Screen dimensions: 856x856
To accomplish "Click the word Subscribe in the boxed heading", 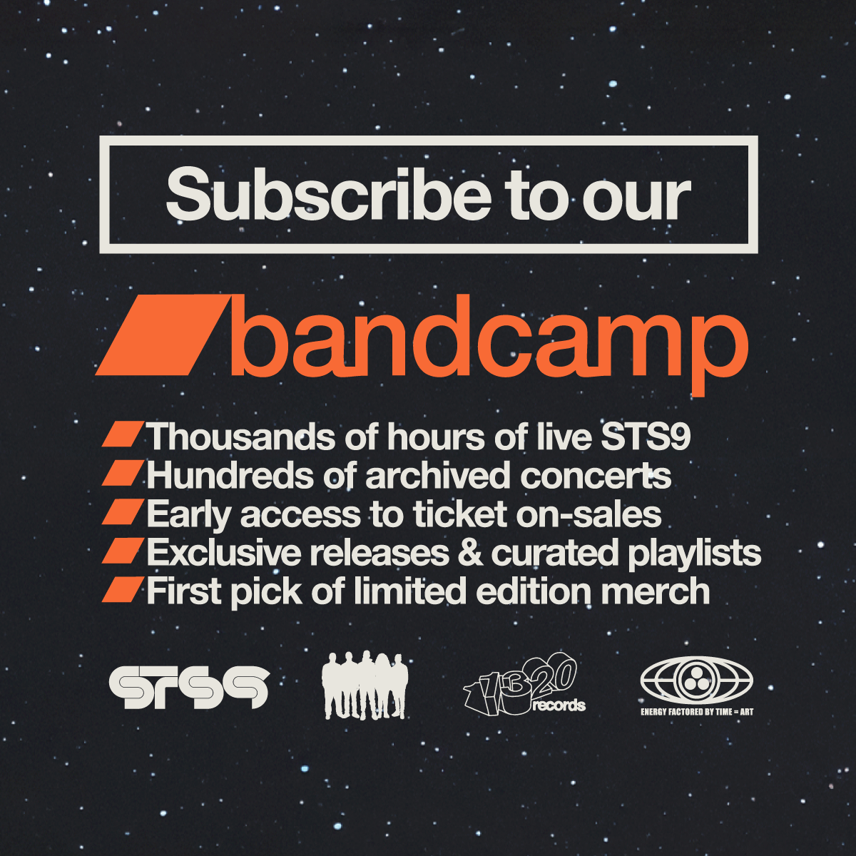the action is point(329,194).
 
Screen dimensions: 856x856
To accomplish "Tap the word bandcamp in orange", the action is point(489,343).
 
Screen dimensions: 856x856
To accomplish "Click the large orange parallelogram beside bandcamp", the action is point(163,335).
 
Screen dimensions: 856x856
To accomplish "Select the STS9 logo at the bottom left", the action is point(189,687).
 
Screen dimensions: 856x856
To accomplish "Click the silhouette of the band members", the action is point(365,685).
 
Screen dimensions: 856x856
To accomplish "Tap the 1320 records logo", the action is point(524,685).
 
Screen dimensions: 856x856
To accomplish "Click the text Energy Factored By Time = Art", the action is point(696,712).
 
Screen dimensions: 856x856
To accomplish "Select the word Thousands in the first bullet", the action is point(241,437).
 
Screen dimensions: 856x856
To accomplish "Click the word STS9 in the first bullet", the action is point(645,437).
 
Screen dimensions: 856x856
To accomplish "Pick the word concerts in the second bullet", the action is point(596,477).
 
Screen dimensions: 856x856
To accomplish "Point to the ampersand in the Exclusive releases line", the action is point(470,553).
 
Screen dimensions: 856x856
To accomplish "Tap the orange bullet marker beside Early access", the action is point(123,511).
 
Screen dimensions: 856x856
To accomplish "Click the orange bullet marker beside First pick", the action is point(123,589).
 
